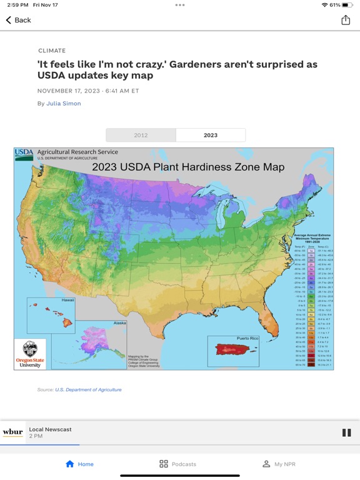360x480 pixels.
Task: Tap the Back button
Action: point(18,20)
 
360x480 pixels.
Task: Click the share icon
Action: point(346,20)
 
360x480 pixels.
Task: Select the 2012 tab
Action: point(141,135)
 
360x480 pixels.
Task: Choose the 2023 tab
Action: point(211,135)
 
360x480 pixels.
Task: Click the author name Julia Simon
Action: point(64,104)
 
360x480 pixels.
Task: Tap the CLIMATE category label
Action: point(51,51)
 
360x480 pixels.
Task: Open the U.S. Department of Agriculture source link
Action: point(88,389)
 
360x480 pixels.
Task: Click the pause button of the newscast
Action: point(346,432)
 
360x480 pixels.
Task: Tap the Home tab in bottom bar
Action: point(79,464)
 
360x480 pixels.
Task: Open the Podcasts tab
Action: point(177,464)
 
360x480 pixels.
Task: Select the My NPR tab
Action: point(279,464)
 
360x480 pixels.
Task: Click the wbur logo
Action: point(12,432)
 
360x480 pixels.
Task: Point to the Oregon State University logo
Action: point(29,354)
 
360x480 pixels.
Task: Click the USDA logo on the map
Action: point(24,154)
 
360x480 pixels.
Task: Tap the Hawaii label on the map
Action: point(67,301)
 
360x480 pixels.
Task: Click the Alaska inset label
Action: point(118,323)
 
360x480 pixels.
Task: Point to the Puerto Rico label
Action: point(246,339)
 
